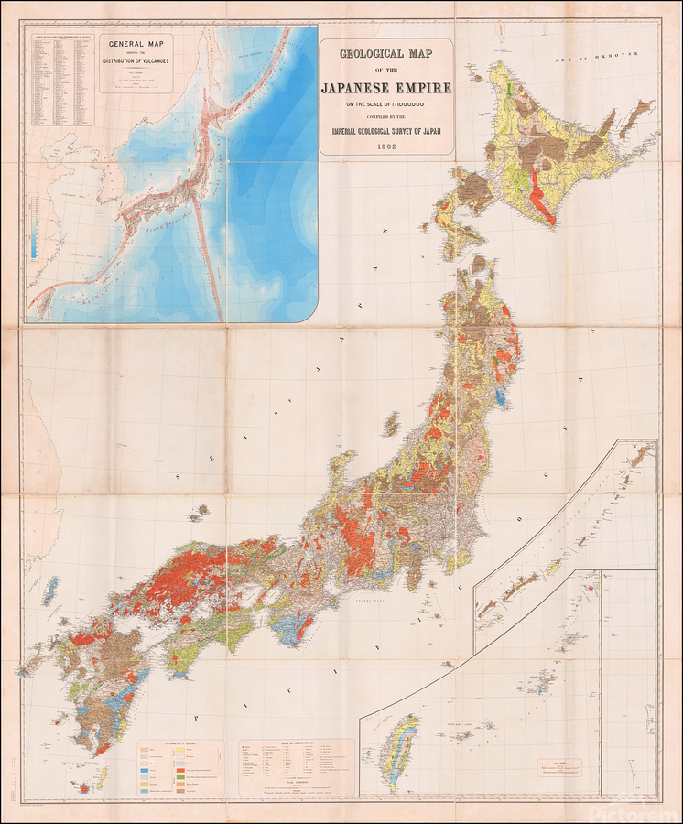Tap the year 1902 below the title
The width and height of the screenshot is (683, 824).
tap(385, 146)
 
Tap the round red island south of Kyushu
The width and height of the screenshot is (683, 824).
tap(87, 785)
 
